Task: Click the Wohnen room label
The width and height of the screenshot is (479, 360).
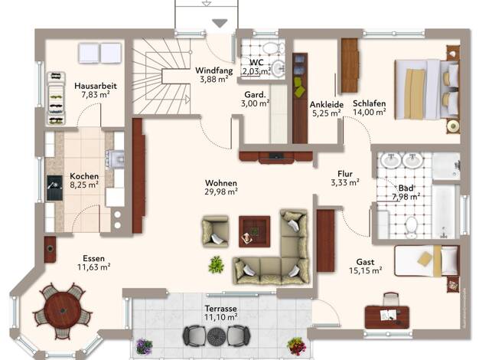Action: click(x=221, y=183)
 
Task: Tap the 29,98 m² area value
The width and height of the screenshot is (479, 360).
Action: click(x=221, y=191)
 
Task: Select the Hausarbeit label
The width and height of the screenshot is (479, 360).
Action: click(x=96, y=86)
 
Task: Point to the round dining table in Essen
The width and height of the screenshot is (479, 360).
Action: click(x=63, y=311)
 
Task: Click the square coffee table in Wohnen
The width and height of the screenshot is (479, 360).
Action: click(x=255, y=231)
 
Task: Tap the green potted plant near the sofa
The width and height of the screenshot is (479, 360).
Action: click(x=216, y=264)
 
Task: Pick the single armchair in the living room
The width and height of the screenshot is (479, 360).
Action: click(x=215, y=231)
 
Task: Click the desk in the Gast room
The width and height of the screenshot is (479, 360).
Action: click(x=387, y=317)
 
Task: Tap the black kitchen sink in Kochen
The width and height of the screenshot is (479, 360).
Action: click(x=54, y=188)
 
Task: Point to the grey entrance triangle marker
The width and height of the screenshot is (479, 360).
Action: click(x=220, y=23)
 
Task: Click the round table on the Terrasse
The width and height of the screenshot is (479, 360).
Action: click(x=217, y=336)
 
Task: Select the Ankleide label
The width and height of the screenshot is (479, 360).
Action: click(x=327, y=105)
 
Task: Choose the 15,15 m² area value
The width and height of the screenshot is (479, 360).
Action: click(x=365, y=270)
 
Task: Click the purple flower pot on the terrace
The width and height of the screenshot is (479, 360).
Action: click(x=144, y=346)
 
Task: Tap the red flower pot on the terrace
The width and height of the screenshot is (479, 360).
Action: click(x=296, y=346)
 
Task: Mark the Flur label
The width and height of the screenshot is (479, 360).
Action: click(x=345, y=174)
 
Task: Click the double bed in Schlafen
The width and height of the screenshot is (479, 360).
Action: click(x=427, y=89)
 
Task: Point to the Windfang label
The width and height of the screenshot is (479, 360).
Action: click(x=214, y=70)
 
